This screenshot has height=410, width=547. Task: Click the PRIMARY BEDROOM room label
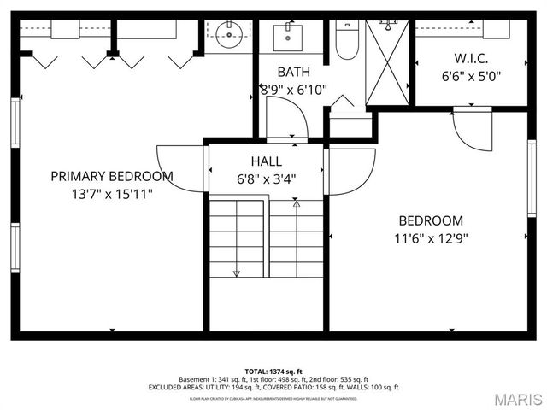[x=111, y=177]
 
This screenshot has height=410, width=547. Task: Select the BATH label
[x=293, y=72]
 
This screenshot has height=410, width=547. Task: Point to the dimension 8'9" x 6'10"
[x=293, y=89]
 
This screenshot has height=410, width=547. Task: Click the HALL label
[x=266, y=161]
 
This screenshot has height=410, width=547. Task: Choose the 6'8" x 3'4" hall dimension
[x=266, y=180]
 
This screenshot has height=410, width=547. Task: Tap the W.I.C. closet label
[x=470, y=58]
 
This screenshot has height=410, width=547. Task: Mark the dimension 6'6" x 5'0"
[x=470, y=76]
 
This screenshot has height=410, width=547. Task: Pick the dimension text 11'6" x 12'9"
[x=431, y=239]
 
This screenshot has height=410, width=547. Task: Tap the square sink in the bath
[x=289, y=37]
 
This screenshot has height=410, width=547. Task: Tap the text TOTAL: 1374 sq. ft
[x=273, y=372]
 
